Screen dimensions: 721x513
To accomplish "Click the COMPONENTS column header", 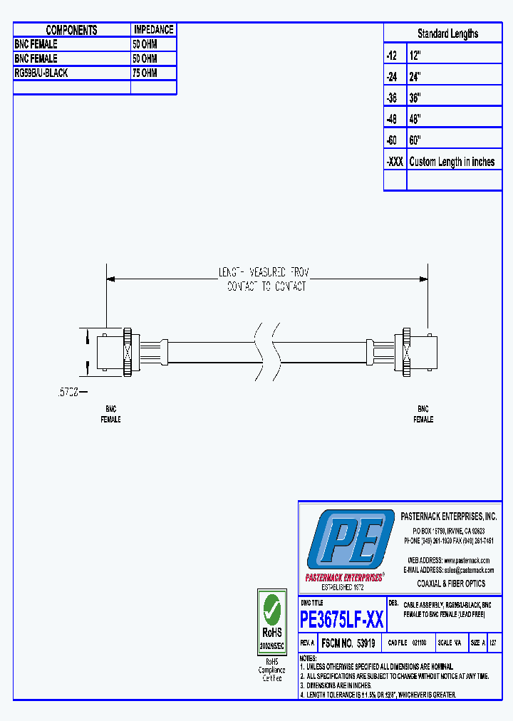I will tap(71, 30).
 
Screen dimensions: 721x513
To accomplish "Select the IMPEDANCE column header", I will tap(153, 30).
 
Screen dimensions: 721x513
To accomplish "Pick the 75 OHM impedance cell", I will tap(145, 73).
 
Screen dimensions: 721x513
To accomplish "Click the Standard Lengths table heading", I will tap(447, 33).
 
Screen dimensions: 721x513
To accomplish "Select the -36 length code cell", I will tap(394, 98).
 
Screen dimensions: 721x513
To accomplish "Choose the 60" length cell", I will tap(415, 140).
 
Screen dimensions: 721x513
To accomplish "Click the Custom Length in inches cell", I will tap(452, 162).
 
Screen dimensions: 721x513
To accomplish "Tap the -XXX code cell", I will tap(395, 162).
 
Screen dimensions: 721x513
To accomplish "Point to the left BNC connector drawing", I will tap(114, 352).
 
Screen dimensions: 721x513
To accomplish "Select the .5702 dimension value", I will tap(68, 392).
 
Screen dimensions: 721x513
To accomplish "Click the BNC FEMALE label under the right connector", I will tap(423, 415).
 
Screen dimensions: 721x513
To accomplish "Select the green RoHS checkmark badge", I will tap(271, 611).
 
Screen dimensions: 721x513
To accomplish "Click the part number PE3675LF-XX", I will tap(342, 620).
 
